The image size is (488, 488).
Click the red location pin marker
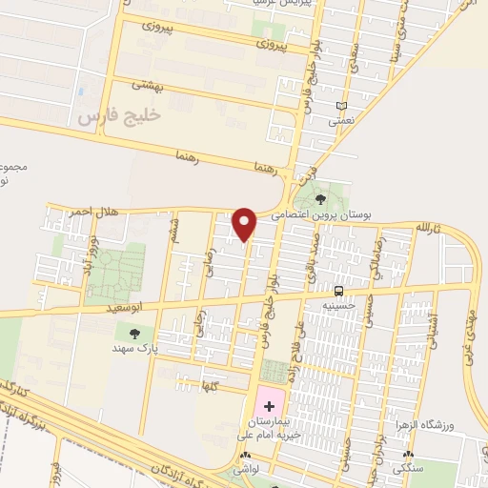(246, 223)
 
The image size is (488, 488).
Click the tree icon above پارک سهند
(132, 333)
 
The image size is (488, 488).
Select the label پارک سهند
(132, 348)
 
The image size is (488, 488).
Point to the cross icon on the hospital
(268, 406)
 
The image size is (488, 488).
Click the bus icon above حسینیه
(339, 290)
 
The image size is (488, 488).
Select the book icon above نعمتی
(342, 106)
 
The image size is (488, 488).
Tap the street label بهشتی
(147, 86)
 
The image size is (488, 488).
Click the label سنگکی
(408, 470)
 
